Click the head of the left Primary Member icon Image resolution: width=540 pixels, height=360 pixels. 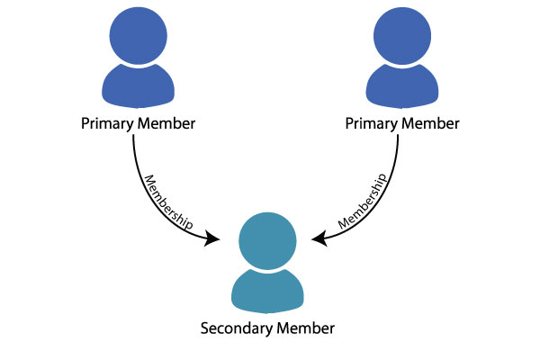coord(138,35)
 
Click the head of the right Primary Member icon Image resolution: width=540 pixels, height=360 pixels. coord(401,35)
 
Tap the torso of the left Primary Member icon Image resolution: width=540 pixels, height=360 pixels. coord(138,86)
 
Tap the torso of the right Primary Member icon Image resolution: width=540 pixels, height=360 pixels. coord(401,86)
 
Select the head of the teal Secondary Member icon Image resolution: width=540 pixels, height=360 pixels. coord(268,238)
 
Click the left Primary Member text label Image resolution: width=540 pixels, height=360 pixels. coord(138,122)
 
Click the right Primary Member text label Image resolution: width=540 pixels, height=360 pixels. coord(402,122)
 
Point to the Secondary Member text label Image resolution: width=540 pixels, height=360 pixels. coord(267,328)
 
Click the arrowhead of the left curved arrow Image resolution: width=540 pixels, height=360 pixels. coord(214,238)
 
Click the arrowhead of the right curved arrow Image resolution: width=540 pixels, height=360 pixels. coord(319,238)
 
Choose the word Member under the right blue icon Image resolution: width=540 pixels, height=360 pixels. coord(431,122)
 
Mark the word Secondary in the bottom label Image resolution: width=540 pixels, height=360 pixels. coord(236,328)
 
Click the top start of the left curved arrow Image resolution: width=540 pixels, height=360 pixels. coord(133,136)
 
